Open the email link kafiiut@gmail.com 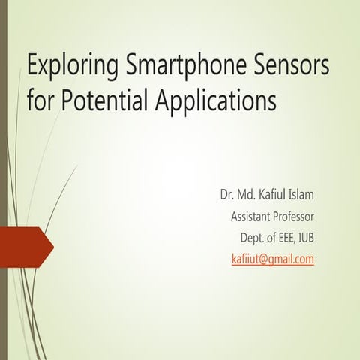pyautogui.click(x=273, y=259)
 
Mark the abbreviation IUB pyautogui.click(x=304, y=238)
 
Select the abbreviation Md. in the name pyautogui.click(x=250, y=196)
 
